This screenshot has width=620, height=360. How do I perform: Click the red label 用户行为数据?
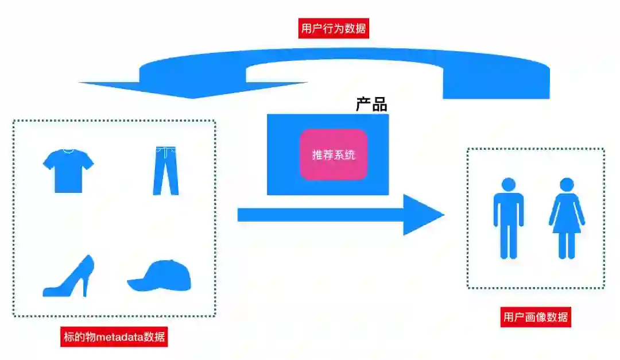333,28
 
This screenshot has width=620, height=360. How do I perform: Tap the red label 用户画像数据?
536,317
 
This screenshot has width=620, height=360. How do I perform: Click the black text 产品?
371,105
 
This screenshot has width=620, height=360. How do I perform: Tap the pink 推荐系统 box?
333,154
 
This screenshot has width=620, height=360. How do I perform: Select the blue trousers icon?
165,171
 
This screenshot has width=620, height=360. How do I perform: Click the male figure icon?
508,218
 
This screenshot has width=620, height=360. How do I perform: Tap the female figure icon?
567,218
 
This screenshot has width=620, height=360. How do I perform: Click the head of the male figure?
508,184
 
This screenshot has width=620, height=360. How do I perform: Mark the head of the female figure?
567,184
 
